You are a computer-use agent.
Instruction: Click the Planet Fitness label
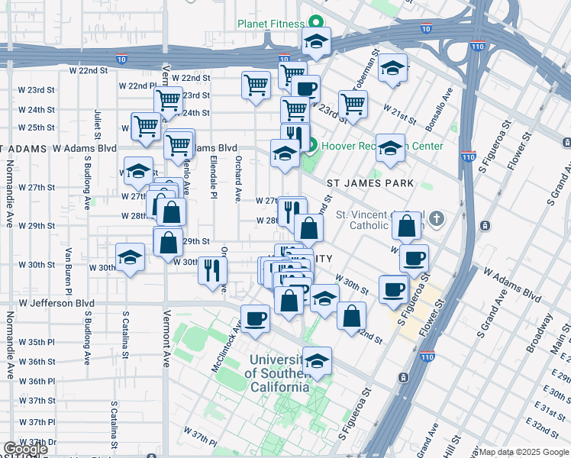point(270,24)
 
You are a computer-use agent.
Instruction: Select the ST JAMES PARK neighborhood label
point(370,183)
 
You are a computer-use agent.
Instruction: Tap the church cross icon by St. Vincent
point(437,220)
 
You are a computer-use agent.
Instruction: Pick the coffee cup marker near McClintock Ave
point(255,318)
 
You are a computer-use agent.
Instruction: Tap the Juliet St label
point(98,119)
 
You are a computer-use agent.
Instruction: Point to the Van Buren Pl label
point(68,271)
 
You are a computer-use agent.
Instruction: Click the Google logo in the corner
point(25,450)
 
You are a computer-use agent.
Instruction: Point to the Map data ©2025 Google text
point(524,452)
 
